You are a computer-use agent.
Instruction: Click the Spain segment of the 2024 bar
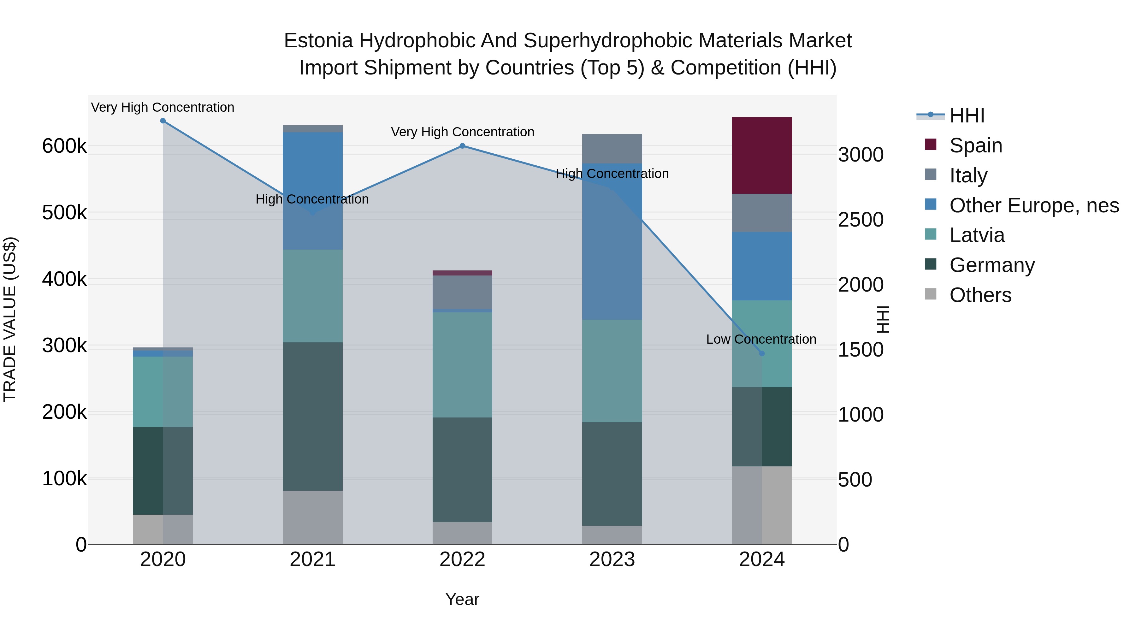click(762, 155)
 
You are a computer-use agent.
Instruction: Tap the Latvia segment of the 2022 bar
click(462, 365)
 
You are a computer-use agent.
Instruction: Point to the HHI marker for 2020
click(163, 121)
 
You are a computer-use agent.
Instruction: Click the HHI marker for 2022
click(462, 146)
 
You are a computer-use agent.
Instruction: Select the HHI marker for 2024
click(762, 353)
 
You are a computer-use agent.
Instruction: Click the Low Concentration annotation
click(761, 339)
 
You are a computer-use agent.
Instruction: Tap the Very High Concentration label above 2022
click(462, 132)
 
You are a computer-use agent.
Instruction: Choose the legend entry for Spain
click(975, 145)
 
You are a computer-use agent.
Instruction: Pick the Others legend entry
click(979, 295)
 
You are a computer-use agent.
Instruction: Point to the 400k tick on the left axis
click(64, 279)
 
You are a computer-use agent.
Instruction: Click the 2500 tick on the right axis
click(861, 220)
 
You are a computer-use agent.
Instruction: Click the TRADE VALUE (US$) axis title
click(10, 319)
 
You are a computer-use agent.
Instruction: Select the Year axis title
click(462, 599)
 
